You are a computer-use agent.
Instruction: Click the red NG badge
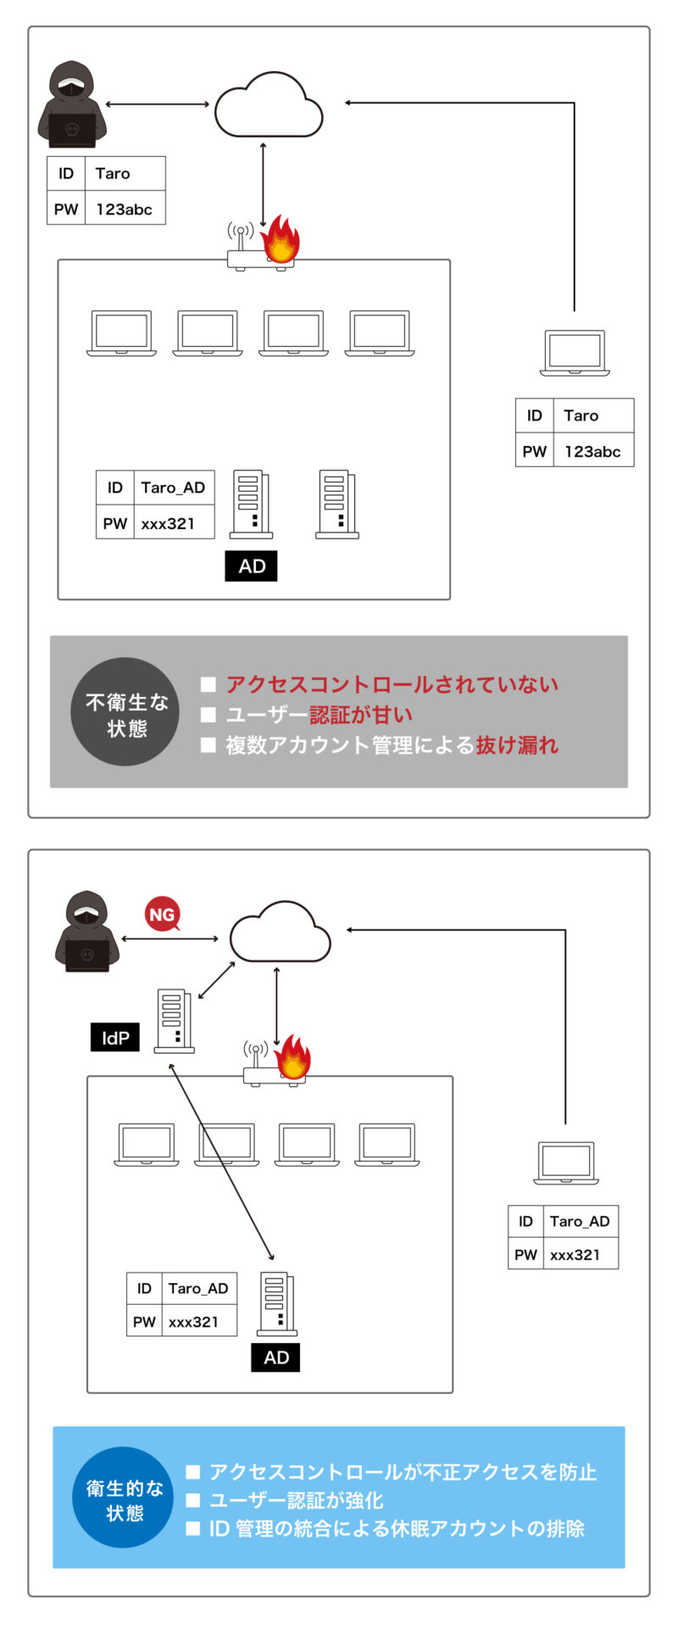(x=162, y=914)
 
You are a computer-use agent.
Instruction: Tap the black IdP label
(x=115, y=1037)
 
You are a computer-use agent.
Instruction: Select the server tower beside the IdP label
(x=174, y=1021)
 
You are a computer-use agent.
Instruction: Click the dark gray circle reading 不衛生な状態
(x=125, y=711)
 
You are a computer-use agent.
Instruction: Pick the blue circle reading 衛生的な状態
(x=125, y=1500)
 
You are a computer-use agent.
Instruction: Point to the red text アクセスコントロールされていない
(x=392, y=684)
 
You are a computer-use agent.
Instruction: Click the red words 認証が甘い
(x=361, y=715)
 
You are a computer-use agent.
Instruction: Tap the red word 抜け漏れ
(x=517, y=745)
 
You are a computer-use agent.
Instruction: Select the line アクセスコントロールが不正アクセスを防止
(x=403, y=1472)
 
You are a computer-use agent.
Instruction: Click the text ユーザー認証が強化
(x=296, y=1500)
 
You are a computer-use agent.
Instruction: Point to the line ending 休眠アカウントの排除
(x=397, y=1528)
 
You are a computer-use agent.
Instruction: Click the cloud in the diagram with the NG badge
(x=281, y=932)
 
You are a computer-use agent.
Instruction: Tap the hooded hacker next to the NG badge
(x=86, y=930)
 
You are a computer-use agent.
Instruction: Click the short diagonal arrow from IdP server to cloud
(x=216, y=980)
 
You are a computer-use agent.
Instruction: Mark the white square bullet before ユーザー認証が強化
(x=192, y=1501)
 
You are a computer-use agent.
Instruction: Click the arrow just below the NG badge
(x=169, y=939)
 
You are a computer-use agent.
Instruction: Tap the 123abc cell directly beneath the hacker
(x=125, y=209)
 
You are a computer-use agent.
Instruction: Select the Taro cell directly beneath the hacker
(x=125, y=174)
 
